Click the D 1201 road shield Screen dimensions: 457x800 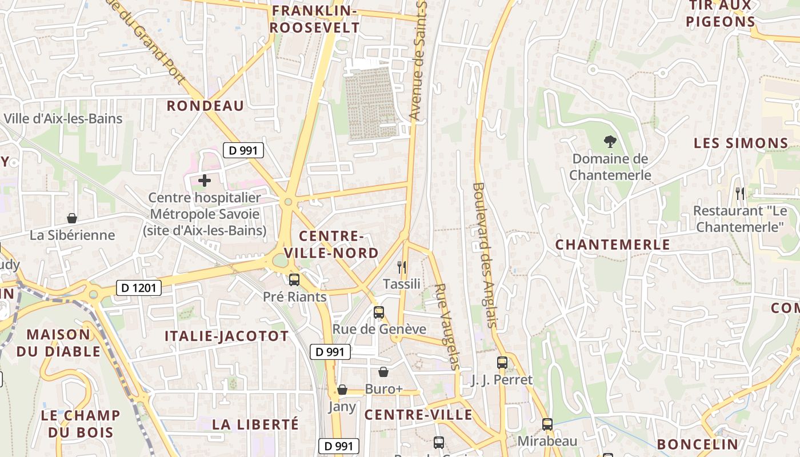[x=139, y=288]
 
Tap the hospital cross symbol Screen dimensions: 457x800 [x=205, y=181]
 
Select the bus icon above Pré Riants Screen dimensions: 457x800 [x=294, y=280]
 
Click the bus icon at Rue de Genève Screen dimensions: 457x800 [x=379, y=312]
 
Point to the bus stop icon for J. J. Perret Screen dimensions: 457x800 [x=502, y=362]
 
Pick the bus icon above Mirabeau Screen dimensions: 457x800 [x=547, y=424]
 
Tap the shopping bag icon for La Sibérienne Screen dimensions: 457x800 [x=72, y=218]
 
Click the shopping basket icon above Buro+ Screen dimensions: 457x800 [x=383, y=372]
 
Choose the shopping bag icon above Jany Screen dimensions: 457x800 [x=342, y=390]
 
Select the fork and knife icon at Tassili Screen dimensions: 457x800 [x=402, y=267]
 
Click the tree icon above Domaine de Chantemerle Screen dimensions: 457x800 [x=610, y=142]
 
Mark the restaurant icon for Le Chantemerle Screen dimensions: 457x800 [x=740, y=194]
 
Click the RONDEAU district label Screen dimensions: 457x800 [x=205, y=106]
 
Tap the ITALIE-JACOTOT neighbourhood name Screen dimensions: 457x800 [x=227, y=336]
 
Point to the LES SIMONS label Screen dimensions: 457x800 [x=741, y=143]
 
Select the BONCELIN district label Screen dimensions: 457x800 [x=698, y=444]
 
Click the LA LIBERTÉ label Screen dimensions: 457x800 [x=255, y=424]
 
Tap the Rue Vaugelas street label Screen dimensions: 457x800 [x=447, y=326]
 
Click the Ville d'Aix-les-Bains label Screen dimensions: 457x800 [x=63, y=119]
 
